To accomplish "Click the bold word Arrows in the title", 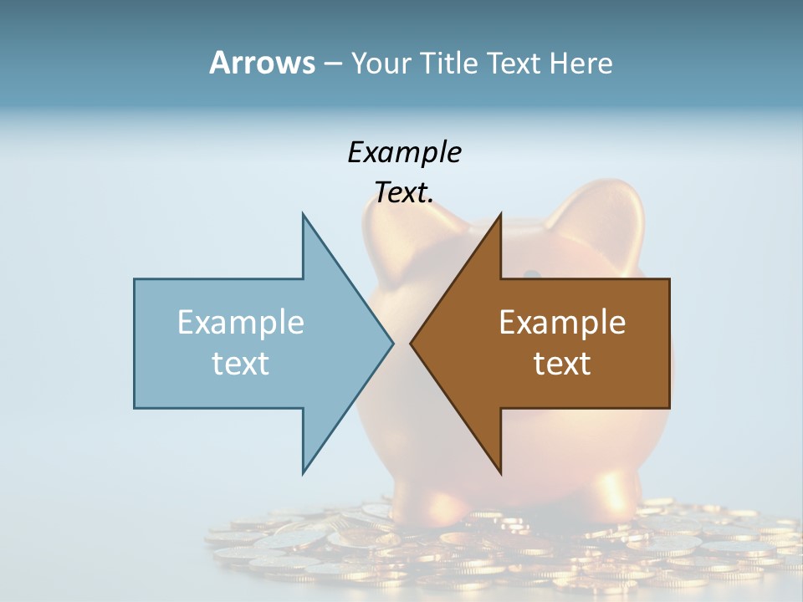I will [x=262, y=63].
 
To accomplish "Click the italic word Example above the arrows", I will [x=404, y=152].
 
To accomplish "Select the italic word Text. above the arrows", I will [x=404, y=192].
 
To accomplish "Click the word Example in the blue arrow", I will [x=241, y=322].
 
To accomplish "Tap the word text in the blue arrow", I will [x=241, y=363].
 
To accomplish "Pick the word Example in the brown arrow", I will [x=562, y=322].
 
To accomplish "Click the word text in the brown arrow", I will [x=562, y=363].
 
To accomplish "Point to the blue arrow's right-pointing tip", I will [x=391, y=343].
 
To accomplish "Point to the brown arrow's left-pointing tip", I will [x=412, y=343].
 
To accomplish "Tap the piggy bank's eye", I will [x=531, y=274].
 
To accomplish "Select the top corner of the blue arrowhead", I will [x=303, y=215].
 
